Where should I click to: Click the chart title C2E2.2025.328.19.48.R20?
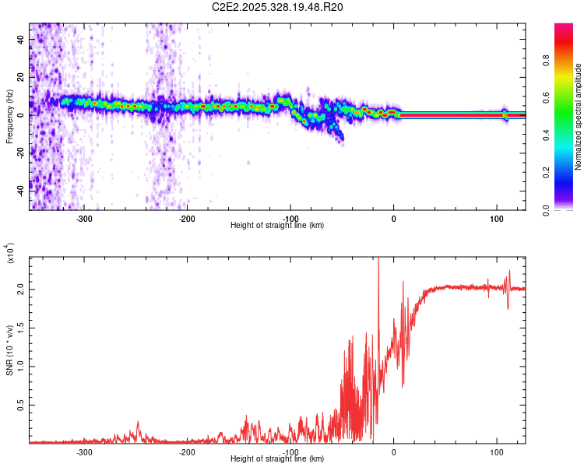[278, 7]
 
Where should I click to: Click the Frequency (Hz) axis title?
[9, 116]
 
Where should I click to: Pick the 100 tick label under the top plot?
[496, 219]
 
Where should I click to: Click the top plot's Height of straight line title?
[277, 226]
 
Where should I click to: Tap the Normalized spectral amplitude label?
[579, 117]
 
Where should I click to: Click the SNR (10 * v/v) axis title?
[9, 350]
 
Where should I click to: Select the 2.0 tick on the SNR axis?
[19, 289]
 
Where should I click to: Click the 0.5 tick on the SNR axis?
[19, 406]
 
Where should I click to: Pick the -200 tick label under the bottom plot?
[187, 452]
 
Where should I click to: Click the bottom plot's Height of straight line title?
[277, 459]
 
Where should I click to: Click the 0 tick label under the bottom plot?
[393, 452]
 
